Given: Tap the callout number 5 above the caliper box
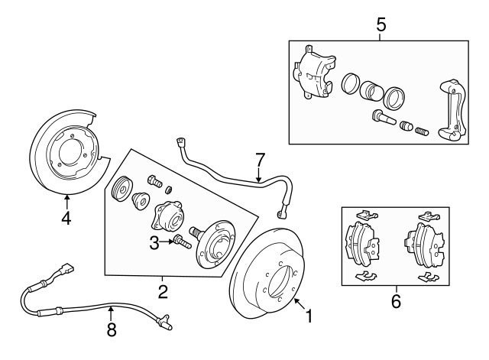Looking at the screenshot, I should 381,24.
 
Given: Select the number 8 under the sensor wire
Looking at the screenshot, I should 111,330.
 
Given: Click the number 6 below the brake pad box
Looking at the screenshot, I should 395,301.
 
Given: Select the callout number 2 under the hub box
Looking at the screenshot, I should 162,290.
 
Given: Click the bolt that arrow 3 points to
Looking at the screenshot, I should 182,243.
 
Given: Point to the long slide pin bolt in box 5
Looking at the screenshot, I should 382,118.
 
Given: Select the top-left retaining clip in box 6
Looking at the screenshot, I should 366,215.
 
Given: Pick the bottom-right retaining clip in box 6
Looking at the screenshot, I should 426,274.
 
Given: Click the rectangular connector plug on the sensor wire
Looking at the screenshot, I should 67,270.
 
